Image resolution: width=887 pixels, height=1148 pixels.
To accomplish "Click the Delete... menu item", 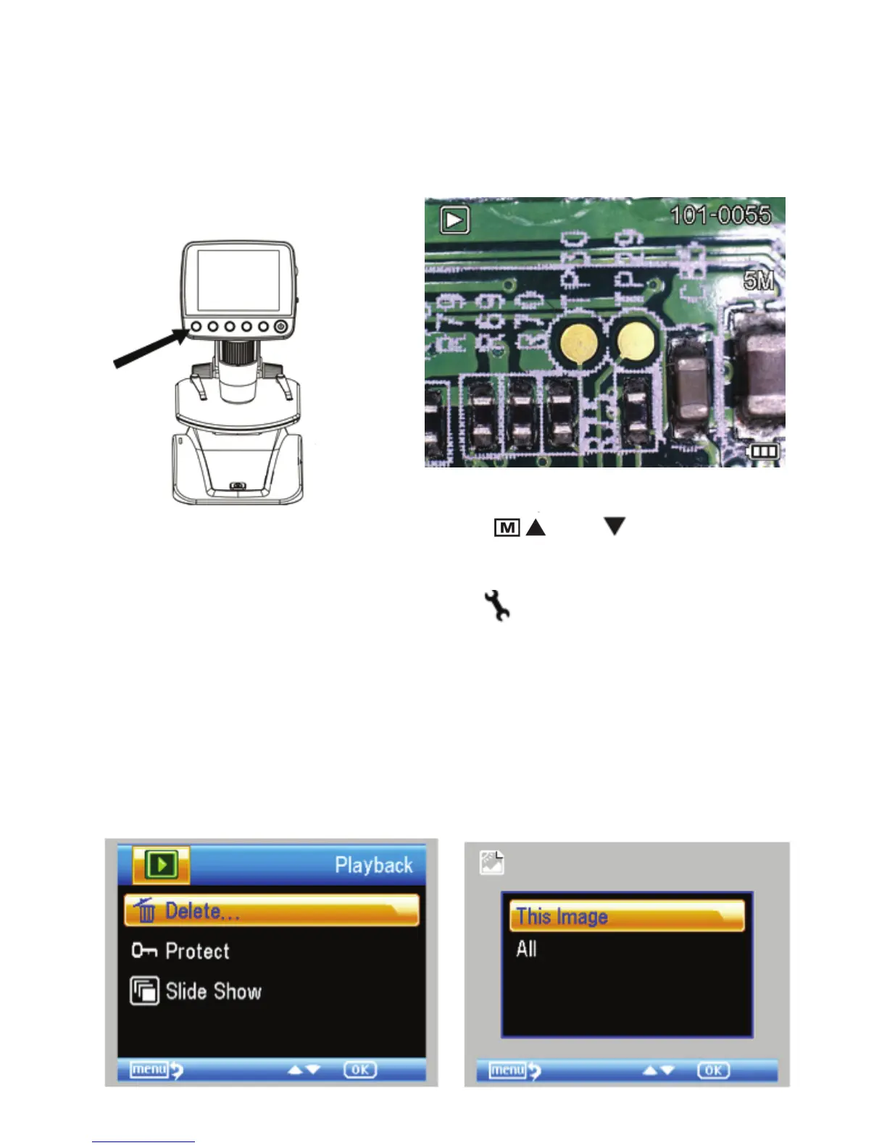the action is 271,910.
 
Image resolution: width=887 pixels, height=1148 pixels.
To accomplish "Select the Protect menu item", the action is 196,951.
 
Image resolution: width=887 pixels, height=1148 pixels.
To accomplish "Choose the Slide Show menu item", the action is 212,991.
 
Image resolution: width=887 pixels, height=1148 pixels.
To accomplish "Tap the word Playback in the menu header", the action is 373,865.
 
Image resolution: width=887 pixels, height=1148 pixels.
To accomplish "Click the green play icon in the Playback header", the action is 162,865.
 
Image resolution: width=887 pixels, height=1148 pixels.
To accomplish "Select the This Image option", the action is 627,916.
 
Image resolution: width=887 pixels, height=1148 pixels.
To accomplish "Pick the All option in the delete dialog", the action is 526,949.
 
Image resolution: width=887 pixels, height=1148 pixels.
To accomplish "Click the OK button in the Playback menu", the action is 360,1070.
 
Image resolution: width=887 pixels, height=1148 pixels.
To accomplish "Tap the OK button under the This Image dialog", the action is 713,1070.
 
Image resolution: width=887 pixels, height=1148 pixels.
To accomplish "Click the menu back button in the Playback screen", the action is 156,1070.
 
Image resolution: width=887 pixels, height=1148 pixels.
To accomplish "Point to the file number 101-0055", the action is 720,215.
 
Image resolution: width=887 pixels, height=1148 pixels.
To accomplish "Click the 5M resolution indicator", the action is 759,281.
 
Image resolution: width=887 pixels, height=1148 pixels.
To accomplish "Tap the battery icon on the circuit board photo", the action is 763,452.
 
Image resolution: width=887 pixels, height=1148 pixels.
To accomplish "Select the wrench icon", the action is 498,604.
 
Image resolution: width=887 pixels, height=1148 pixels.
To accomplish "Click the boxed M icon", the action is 507,528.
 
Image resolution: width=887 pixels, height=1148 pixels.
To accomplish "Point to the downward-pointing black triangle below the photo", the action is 615,526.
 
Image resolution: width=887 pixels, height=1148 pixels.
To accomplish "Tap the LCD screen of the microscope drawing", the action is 238,281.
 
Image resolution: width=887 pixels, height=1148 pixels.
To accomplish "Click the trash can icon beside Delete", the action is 146,910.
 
